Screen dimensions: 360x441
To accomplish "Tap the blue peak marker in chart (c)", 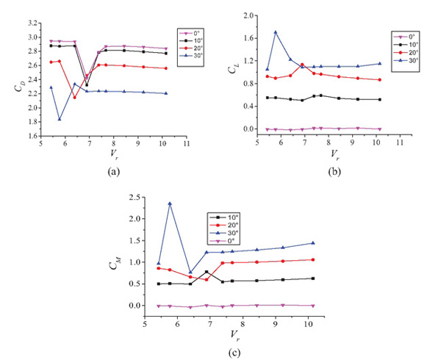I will click(x=171, y=204).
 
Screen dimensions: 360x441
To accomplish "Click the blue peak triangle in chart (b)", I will click(x=276, y=32).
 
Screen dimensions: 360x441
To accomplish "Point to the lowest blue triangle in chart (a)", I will click(x=60, y=119).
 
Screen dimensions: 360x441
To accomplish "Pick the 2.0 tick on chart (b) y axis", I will click(x=248, y=15).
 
